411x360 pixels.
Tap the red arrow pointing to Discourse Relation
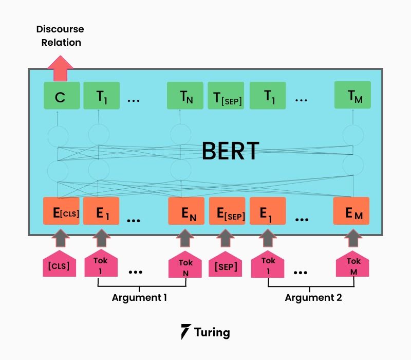[60, 68]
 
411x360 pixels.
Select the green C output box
[61, 96]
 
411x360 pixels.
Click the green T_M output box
[352, 96]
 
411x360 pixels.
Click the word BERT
[230, 151]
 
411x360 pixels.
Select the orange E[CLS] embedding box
[61, 211]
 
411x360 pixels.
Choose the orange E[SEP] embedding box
[227, 211]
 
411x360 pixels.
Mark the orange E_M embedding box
[351, 211]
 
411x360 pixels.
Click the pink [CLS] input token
[59, 264]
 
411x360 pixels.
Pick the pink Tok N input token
[186, 265]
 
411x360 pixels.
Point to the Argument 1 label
[139, 297]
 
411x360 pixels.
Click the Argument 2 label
[313, 297]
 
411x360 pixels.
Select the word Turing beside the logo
[212, 332]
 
